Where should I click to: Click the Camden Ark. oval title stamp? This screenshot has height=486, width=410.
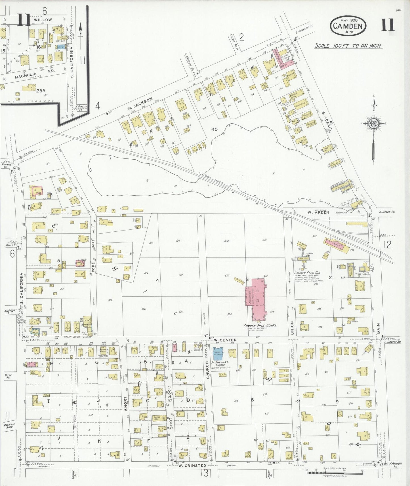pos(348,26)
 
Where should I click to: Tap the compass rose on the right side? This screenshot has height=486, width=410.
pos(373,123)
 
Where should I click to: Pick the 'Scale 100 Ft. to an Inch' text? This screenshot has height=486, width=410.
pos(348,46)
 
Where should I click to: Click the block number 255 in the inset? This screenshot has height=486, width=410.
pos(41,90)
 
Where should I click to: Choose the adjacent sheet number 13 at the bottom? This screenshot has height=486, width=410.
pos(205,473)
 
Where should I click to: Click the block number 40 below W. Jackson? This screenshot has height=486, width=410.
pos(214,129)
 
